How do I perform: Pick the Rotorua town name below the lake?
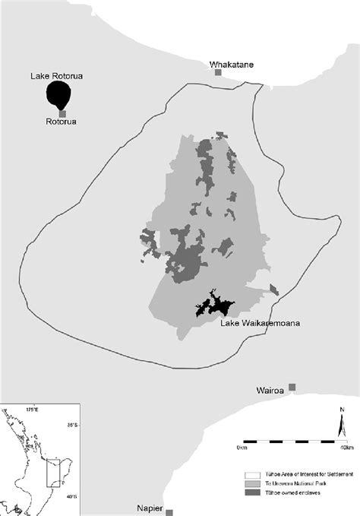[x=62, y=122]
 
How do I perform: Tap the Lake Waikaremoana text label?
[x=260, y=324]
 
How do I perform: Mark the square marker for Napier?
[x=169, y=513]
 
